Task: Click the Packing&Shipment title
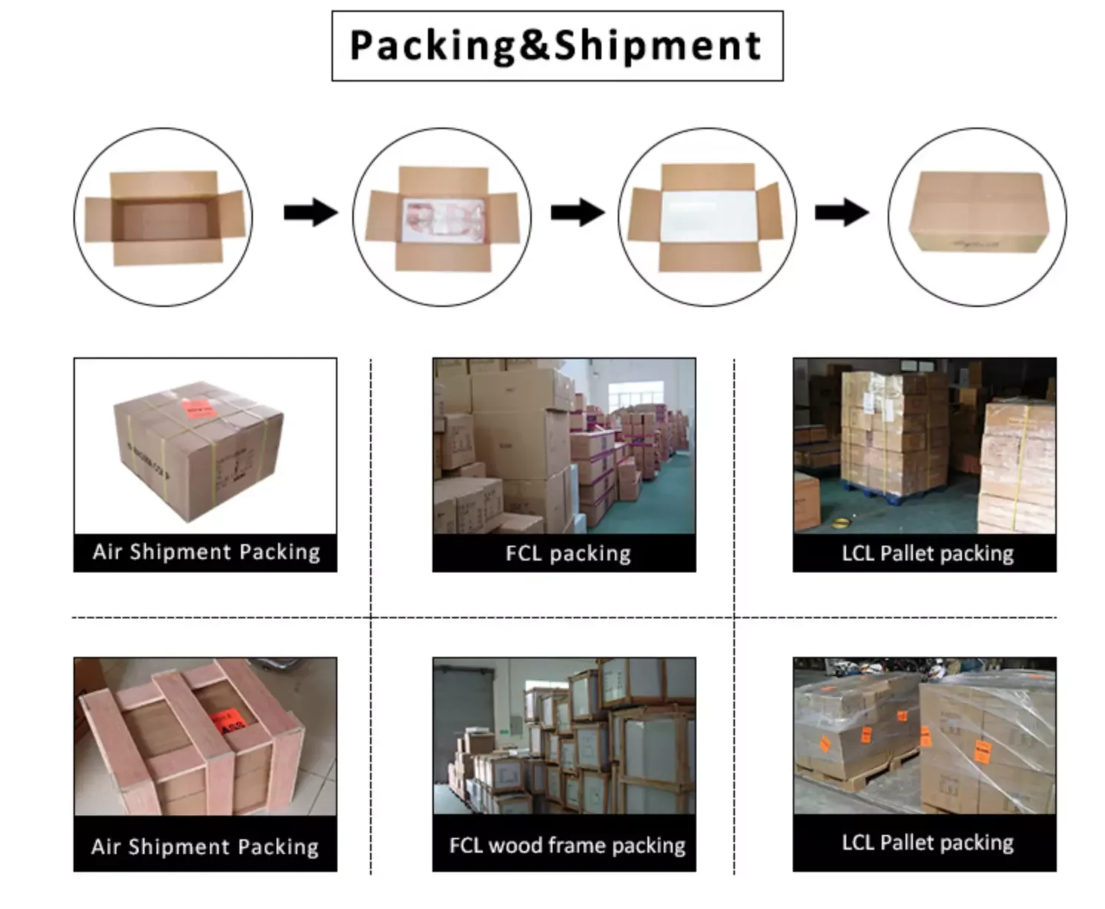(x=556, y=46)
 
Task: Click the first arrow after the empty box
(x=310, y=213)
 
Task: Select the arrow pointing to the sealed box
(x=841, y=213)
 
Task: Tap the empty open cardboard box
(x=165, y=216)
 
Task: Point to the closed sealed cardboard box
(x=977, y=212)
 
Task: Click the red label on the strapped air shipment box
(x=199, y=409)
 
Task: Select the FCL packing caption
(x=568, y=553)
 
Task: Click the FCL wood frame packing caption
(x=567, y=845)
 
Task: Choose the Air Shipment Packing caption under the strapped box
(x=205, y=552)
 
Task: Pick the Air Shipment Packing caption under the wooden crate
(x=205, y=847)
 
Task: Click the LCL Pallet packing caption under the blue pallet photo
(x=927, y=553)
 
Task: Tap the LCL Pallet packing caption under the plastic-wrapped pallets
(x=927, y=843)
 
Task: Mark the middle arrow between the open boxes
(x=577, y=213)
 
